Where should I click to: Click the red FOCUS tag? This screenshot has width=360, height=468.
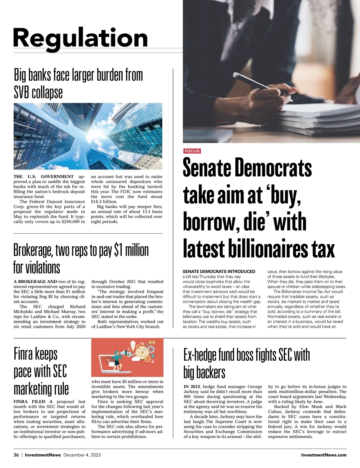click(192, 151)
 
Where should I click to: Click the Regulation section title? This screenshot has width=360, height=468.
click(80, 38)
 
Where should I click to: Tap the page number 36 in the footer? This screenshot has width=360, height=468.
click(16, 455)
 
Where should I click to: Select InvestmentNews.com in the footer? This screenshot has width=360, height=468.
click(324, 455)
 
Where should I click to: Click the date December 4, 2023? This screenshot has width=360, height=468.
click(82, 455)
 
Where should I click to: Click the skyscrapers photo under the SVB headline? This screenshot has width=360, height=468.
click(88, 136)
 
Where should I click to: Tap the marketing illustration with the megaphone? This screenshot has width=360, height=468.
click(127, 357)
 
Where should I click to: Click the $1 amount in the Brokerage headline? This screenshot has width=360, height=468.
click(118, 250)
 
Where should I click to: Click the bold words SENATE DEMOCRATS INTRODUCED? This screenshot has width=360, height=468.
click(219, 271)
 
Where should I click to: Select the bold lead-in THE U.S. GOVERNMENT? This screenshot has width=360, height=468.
click(43, 177)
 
